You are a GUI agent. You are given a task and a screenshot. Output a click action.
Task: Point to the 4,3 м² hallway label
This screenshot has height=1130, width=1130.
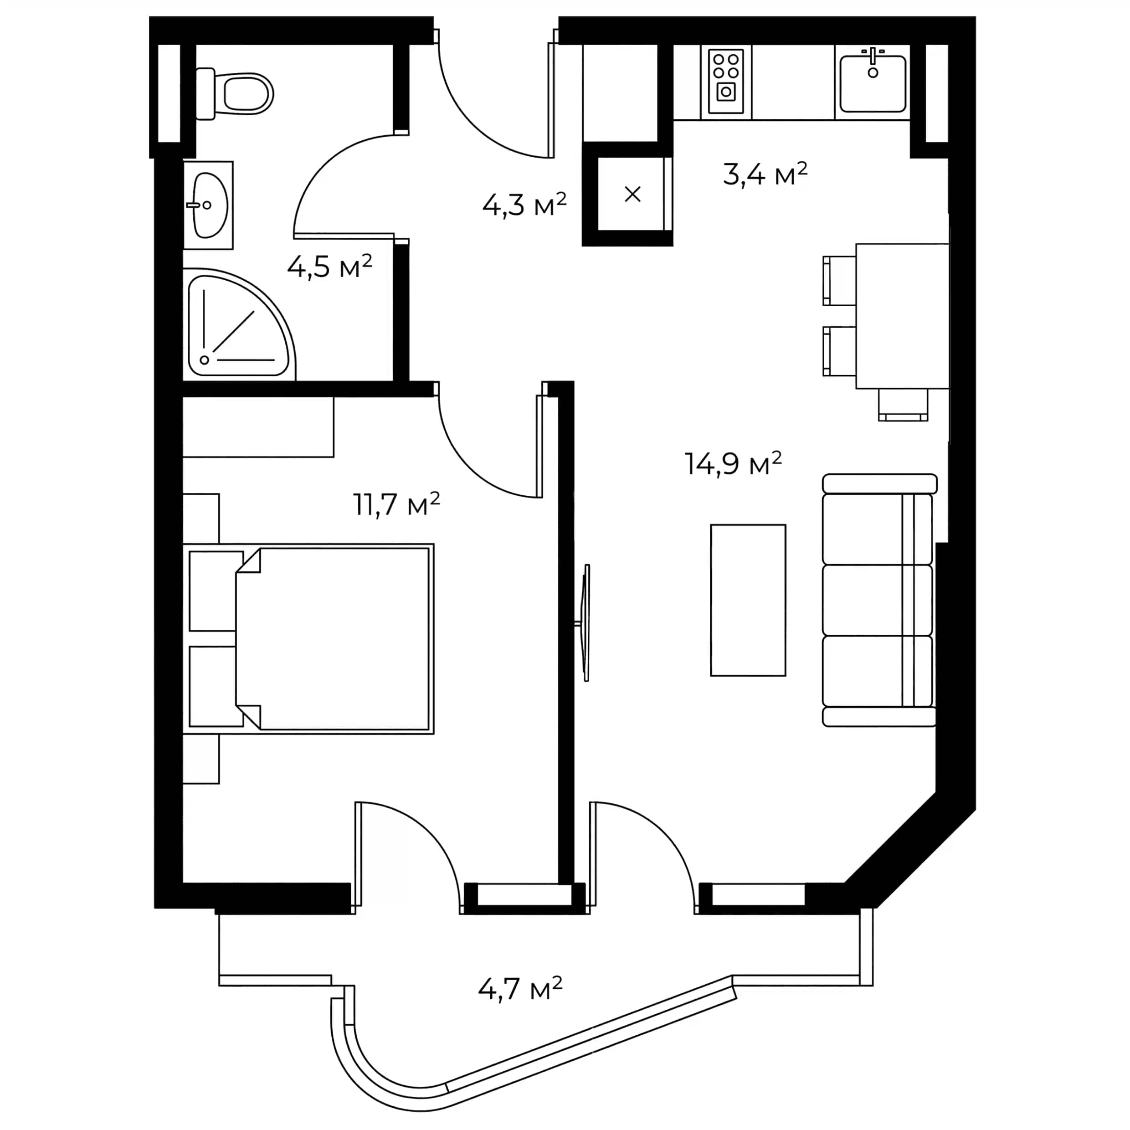[x=524, y=205]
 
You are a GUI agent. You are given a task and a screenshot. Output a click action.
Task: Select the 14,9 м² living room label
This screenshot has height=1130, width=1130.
[x=733, y=464]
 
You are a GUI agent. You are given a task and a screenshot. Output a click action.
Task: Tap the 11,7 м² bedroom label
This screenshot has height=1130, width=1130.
[x=396, y=504]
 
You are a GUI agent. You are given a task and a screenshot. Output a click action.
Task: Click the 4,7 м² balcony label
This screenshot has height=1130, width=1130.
[x=520, y=989]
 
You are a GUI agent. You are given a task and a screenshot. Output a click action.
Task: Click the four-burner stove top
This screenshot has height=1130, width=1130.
[x=726, y=81]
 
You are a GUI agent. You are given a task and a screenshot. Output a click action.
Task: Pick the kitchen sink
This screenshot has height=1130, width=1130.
[x=873, y=82]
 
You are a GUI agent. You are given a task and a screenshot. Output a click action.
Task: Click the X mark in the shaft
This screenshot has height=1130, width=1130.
[x=632, y=194]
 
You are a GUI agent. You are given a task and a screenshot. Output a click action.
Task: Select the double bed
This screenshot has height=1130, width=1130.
[x=334, y=639]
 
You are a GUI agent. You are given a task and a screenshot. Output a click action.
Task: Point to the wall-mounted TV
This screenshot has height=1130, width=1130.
[x=586, y=622]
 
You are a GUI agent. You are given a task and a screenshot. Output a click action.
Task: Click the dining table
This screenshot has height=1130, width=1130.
[x=902, y=316]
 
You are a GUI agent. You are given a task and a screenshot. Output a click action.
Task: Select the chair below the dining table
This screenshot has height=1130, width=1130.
[x=903, y=405]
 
